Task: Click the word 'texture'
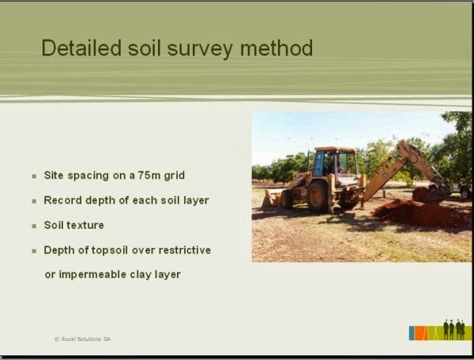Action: tap(85, 225)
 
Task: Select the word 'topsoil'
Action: tap(118, 250)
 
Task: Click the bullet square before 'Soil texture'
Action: tap(34, 226)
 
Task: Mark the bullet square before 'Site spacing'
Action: tap(34, 175)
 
